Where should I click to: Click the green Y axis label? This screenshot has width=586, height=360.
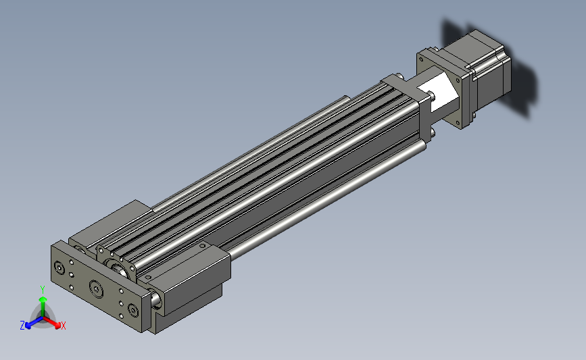tap(42, 290)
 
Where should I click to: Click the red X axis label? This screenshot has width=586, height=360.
tap(63, 326)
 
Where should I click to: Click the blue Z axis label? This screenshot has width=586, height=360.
tap(22, 326)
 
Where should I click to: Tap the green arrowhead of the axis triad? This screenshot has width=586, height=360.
tap(43, 299)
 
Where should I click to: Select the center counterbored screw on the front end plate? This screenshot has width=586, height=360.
tap(97, 288)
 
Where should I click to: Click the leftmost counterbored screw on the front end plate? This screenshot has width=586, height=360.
tap(59, 267)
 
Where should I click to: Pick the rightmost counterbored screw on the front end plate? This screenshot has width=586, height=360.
tap(133, 309)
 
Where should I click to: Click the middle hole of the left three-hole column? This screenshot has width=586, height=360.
tap(72, 275)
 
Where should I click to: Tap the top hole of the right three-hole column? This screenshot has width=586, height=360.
tap(121, 291)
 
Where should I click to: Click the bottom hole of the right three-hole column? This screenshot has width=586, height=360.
tap(121, 316)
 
